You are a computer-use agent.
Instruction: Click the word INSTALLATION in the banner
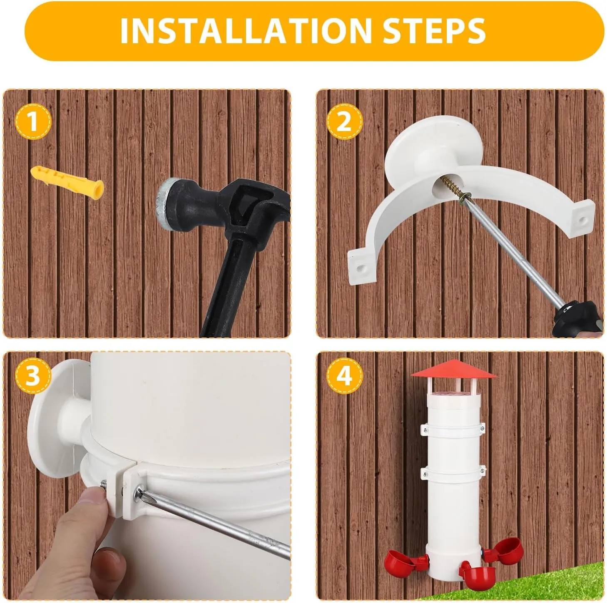pyautogui.click(x=246, y=31)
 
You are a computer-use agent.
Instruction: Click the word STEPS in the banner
pyautogui.click(x=435, y=31)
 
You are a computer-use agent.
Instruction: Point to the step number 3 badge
pyautogui.click(x=33, y=376)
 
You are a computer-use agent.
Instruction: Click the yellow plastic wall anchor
pyautogui.click(x=67, y=182)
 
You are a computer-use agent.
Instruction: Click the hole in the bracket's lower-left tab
pyautogui.click(x=359, y=268)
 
